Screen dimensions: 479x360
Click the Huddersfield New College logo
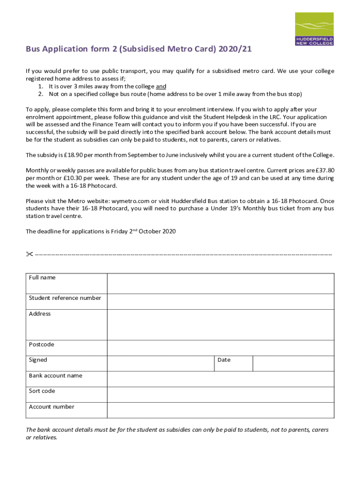314,29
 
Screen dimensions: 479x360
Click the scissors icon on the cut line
29,254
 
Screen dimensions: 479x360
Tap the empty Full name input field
220,283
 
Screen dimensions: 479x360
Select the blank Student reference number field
220,301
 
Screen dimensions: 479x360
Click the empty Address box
220,324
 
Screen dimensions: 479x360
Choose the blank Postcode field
220,348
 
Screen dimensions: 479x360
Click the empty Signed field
160,363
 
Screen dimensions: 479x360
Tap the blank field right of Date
293,363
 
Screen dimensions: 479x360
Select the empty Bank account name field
220,379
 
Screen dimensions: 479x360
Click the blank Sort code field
220,394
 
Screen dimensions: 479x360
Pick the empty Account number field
220,410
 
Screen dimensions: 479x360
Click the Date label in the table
224,360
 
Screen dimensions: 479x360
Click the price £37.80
324,170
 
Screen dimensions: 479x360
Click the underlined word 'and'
161,87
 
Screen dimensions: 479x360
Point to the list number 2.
40,94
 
